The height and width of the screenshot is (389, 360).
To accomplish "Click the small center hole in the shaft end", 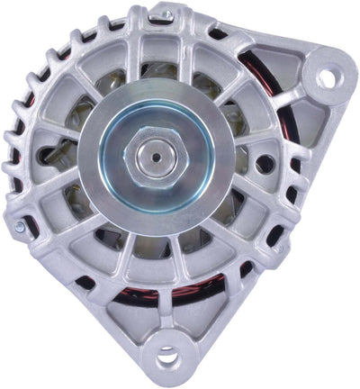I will (157, 156).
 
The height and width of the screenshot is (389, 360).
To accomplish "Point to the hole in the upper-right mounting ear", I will (325, 79).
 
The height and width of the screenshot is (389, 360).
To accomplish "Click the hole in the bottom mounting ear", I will (167, 358).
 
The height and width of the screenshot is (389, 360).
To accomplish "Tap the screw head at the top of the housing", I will (164, 15).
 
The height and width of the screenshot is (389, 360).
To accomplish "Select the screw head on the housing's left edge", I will (19, 227).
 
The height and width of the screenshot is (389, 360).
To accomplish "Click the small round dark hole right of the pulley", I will (265, 164).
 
